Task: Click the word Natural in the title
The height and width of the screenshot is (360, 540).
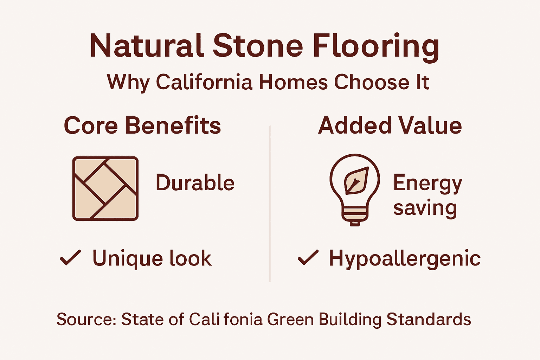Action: point(147,46)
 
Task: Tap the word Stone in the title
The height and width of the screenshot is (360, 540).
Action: point(258,46)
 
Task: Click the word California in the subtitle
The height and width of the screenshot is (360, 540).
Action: point(204,82)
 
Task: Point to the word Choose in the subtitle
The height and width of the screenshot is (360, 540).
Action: point(372,82)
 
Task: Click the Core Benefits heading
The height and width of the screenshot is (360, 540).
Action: point(142,126)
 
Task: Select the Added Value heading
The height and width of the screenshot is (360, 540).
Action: point(390,126)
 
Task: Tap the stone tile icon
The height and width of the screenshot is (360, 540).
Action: point(105,188)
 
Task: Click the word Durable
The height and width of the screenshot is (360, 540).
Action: point(195,183)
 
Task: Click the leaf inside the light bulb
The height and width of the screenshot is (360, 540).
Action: point(356,181)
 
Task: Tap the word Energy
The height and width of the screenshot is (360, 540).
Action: point(427,184)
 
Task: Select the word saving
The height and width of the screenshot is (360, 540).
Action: point(425,208)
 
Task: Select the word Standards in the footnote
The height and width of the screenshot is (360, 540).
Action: point(429,319)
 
